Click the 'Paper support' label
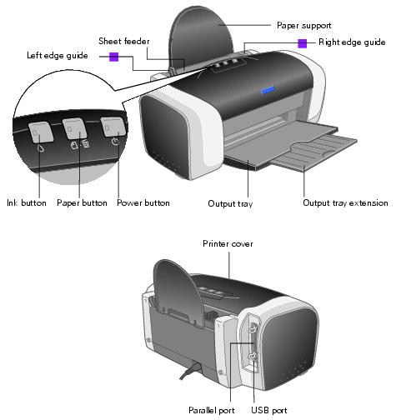303,25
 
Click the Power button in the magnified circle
113,127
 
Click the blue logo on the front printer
268,90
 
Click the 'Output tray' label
230,202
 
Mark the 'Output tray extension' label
345,202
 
